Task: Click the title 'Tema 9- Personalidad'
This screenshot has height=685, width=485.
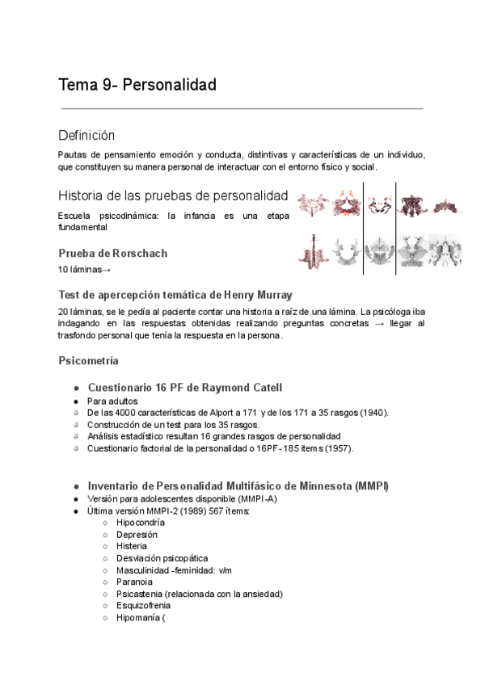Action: click(x=137, y=84)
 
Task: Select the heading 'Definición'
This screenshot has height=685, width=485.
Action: click(x=86, y=135)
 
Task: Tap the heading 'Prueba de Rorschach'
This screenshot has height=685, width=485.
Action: click(x=112, y=253)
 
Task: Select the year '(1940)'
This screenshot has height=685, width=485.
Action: click(x=373, y=413)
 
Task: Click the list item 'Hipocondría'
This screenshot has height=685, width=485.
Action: click(x=145, y=523)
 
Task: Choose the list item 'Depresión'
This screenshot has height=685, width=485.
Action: click(x=137, y=535)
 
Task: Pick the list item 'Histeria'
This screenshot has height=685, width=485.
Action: click(x=132, y=546)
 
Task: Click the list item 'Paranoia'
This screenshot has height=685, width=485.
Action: click(x=134, y=581)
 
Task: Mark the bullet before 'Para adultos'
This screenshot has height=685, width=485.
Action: click(x=75, y=401)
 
